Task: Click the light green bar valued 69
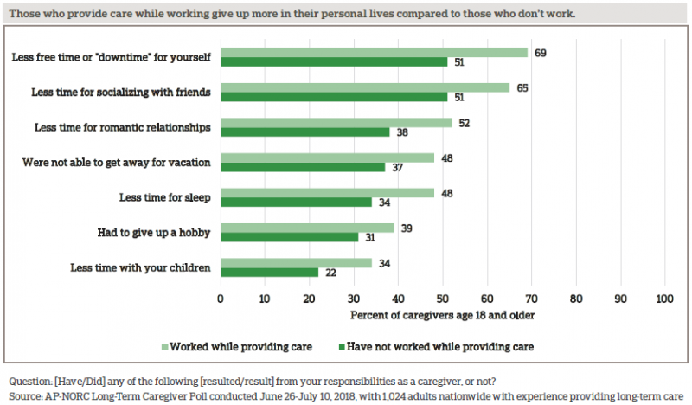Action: coord(374,53)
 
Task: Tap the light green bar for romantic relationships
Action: coord(336,122)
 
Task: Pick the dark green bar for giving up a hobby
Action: coord(289,237)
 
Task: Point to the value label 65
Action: coord(520,88)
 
